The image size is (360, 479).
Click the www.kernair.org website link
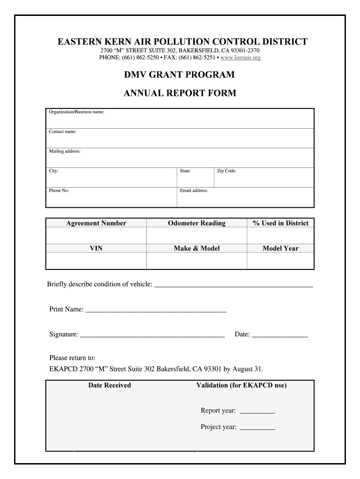(240, 58)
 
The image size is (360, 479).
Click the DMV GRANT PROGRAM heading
(180, 75)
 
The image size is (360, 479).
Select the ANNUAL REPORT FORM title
(180, 94)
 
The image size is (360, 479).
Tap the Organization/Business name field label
(77, 112)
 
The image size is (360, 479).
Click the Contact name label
(63, 132)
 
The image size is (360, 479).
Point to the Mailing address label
(65, 152)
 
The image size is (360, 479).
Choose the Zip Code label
(227, 171)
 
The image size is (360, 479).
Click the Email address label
(194, 191)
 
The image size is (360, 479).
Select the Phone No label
(59, 191)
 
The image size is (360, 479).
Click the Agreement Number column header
(96, 223)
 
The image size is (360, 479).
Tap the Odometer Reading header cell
(197, 223)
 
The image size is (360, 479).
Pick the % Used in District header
(281, 223)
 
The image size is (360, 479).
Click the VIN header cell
(96, 248)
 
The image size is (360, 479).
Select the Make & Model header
(197, 248)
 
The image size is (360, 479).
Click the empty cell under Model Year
(281, 261)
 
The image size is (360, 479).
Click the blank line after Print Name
(156, 311)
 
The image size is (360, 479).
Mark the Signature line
(152, 336)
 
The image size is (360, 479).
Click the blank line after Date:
(280, 336)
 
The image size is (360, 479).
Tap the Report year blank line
(258, 412)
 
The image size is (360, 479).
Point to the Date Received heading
(110, 385)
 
